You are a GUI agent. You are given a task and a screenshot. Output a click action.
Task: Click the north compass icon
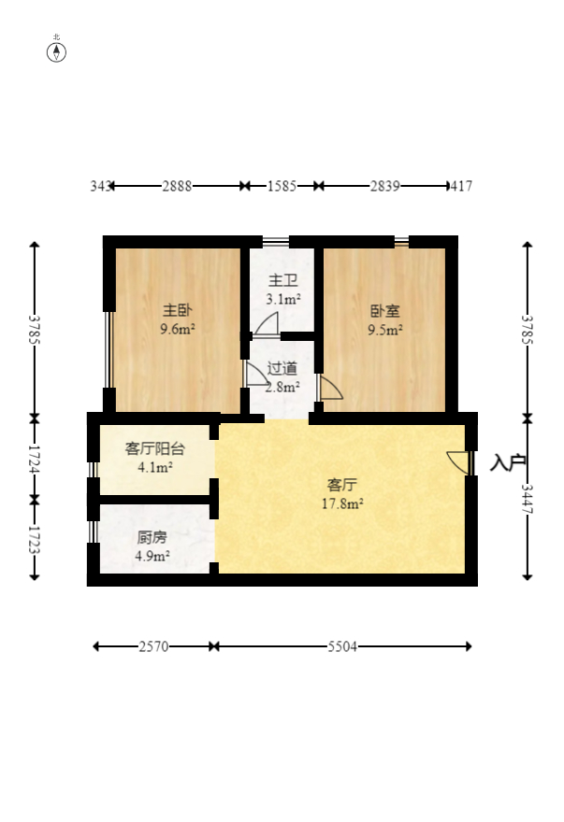pos(57,50)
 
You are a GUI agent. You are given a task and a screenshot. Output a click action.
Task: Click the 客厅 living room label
pos(341,485)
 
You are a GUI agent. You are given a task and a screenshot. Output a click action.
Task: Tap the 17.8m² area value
pos(341,503)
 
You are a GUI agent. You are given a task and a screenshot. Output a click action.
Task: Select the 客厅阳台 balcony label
pos(155,448)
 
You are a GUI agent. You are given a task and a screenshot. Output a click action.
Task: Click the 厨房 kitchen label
pos(152,538)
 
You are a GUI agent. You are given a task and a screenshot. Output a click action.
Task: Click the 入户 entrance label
pos(508,462)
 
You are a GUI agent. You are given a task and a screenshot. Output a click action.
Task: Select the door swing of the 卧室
pos(330,388)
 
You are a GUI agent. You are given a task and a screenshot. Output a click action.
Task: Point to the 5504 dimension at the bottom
pos(340,646)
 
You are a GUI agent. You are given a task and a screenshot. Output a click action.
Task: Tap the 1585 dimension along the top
pos(281,186)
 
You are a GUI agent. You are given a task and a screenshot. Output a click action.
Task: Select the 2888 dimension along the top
pos(177,186)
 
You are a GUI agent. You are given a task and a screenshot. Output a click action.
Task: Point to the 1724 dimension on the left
pos(35,458)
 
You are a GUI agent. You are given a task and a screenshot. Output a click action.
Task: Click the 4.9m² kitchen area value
pos(152,557)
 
